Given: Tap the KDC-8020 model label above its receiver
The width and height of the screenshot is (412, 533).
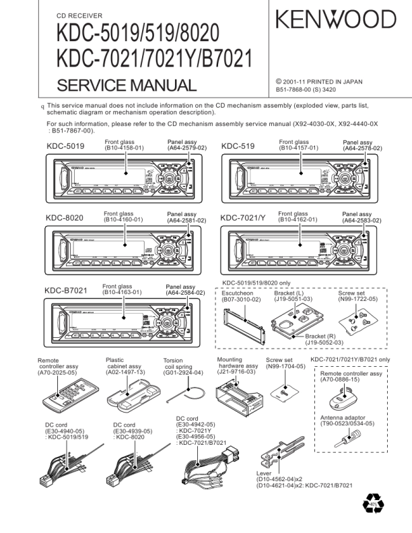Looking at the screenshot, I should [x=65, y=218].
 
